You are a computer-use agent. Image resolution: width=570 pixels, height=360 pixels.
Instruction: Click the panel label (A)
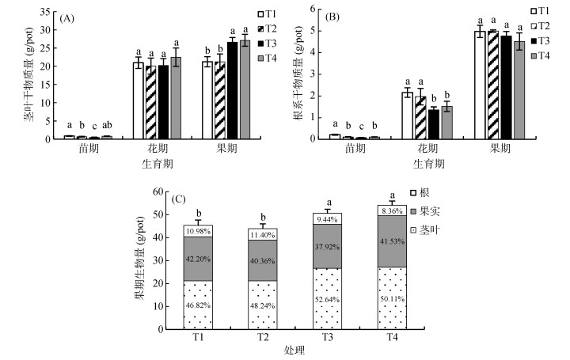click(70, 14)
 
